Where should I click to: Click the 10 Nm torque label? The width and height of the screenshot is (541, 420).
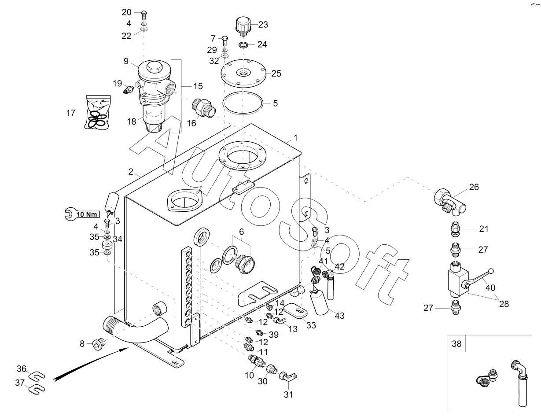click(x=87, y=214)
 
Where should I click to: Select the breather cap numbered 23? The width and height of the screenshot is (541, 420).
click(x=243, y=25)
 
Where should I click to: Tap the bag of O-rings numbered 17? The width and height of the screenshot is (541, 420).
click(x=97, y=113)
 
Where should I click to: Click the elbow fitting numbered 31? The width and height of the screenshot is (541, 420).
click(x=289, y=376)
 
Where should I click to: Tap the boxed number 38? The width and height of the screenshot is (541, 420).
click(x=457, y=344)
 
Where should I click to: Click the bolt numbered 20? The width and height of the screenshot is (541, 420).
click(x=144, y=13)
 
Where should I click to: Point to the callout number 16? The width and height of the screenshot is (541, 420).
click(x=191, y=123)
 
